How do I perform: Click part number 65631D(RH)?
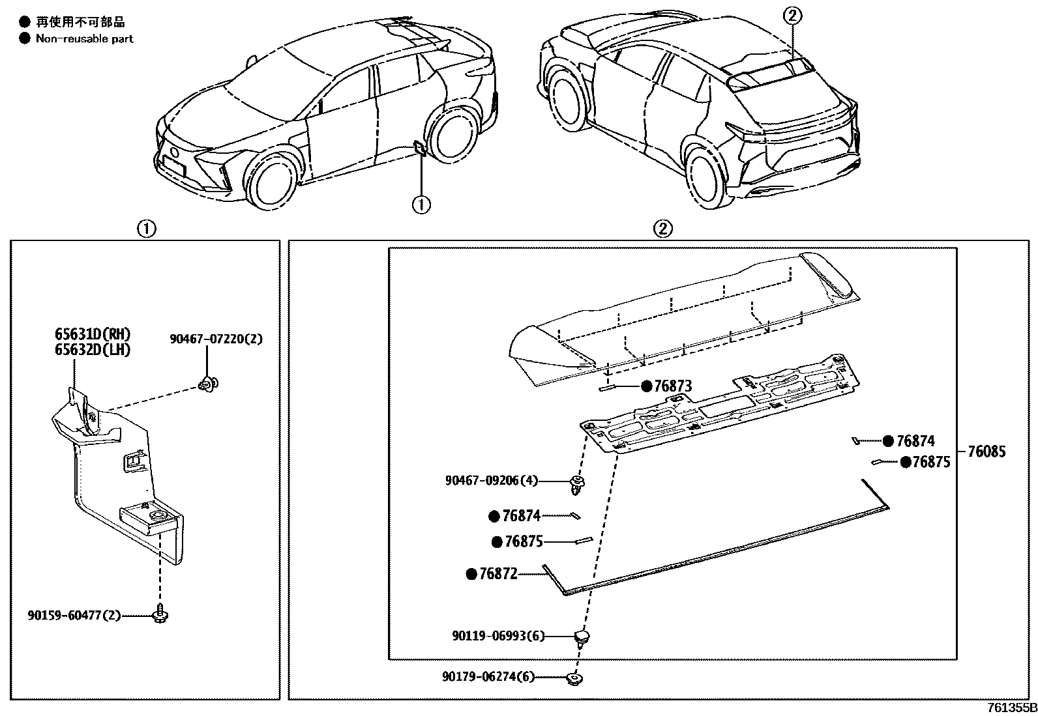tap(93, 334)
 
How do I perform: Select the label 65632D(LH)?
tap(93, 350)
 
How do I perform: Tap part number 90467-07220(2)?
tap(216, 339)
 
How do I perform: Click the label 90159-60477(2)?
tap(74, 614)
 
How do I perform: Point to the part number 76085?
tap(986, 451)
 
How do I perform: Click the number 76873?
tap(673, 386)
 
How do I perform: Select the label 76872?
tap(498, 574)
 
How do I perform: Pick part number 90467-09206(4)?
tap(492, 481)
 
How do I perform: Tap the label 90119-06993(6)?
tap(498, 636)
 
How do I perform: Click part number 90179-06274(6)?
tap(488, 677)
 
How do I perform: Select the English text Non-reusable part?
tap(84, 38)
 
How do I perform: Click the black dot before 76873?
tap(646, 386)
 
